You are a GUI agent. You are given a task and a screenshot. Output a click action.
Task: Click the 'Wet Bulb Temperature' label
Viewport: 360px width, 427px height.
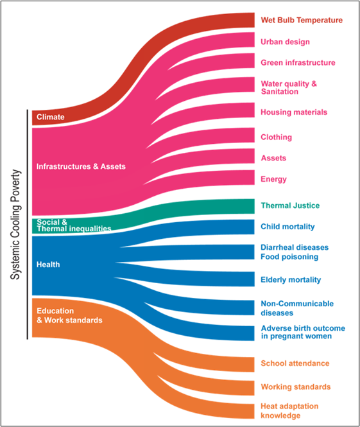point(302,20)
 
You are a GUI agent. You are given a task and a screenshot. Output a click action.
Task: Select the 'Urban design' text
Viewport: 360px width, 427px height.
point(285,42)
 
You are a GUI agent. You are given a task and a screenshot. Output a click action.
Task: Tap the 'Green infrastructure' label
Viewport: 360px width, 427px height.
point(298,63)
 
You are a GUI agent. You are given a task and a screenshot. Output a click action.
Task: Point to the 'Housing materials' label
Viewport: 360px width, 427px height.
point(294,112)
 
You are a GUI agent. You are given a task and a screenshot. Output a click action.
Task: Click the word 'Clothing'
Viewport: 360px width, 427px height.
point(276,137)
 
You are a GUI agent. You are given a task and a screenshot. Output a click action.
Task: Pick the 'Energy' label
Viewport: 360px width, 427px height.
point(273,179)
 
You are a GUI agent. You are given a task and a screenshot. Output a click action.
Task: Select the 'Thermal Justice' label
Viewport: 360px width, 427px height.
point(290,205)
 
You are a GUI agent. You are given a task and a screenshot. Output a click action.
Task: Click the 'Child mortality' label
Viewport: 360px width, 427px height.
point(287,227)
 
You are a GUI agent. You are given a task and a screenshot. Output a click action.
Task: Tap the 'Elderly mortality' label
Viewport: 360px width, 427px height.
point(291,280)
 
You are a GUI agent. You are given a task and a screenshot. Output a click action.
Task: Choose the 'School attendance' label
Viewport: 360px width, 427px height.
point(295,363)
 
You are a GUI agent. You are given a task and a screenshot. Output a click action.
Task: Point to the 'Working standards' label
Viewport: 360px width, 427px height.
point(296,387)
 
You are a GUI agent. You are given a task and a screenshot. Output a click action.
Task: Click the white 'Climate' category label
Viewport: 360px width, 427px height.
point(51,117)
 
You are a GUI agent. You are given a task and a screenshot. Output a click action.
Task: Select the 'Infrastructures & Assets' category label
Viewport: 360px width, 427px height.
point(81,166)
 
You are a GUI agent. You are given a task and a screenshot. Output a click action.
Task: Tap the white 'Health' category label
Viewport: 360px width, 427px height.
point(48,265)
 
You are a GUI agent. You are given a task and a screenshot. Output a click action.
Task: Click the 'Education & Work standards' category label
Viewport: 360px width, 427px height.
point(69,316)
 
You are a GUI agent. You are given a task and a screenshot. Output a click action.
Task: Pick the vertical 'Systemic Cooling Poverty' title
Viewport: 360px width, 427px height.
point(15,224)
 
